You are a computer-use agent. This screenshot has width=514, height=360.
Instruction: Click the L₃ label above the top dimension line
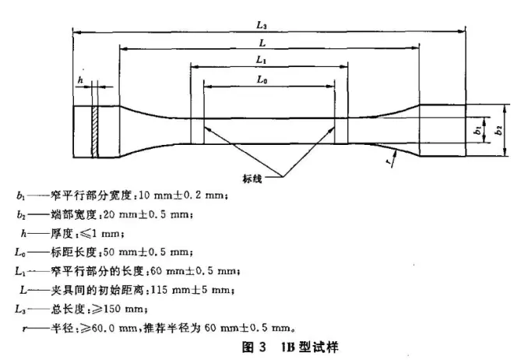[261, 25]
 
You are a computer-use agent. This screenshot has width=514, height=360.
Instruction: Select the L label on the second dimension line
[262, 43]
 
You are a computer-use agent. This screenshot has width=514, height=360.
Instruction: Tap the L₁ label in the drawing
[261, 60]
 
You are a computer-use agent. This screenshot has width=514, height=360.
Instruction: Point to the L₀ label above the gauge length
[262, 79]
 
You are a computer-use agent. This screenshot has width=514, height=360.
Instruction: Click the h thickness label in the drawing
[81, 80]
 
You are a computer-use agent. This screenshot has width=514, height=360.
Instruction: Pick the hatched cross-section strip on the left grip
[95, 132]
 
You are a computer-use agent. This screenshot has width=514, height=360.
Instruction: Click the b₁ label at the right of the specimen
[478, 130]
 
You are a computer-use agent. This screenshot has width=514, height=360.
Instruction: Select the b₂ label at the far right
[498, 130]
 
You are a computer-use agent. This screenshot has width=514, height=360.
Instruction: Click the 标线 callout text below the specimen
[252, 178]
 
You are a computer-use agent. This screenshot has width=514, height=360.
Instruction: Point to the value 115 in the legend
[160, 290]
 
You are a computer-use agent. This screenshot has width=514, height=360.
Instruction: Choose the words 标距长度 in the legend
[73, 252]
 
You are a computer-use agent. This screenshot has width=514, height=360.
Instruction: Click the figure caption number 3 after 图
[262, 347]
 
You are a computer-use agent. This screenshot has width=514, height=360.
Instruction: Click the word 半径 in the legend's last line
[62, 328]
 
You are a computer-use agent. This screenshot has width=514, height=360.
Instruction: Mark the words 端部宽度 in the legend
[73, 215]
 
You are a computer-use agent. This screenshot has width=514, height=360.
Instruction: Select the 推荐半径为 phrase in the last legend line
[172, 328]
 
